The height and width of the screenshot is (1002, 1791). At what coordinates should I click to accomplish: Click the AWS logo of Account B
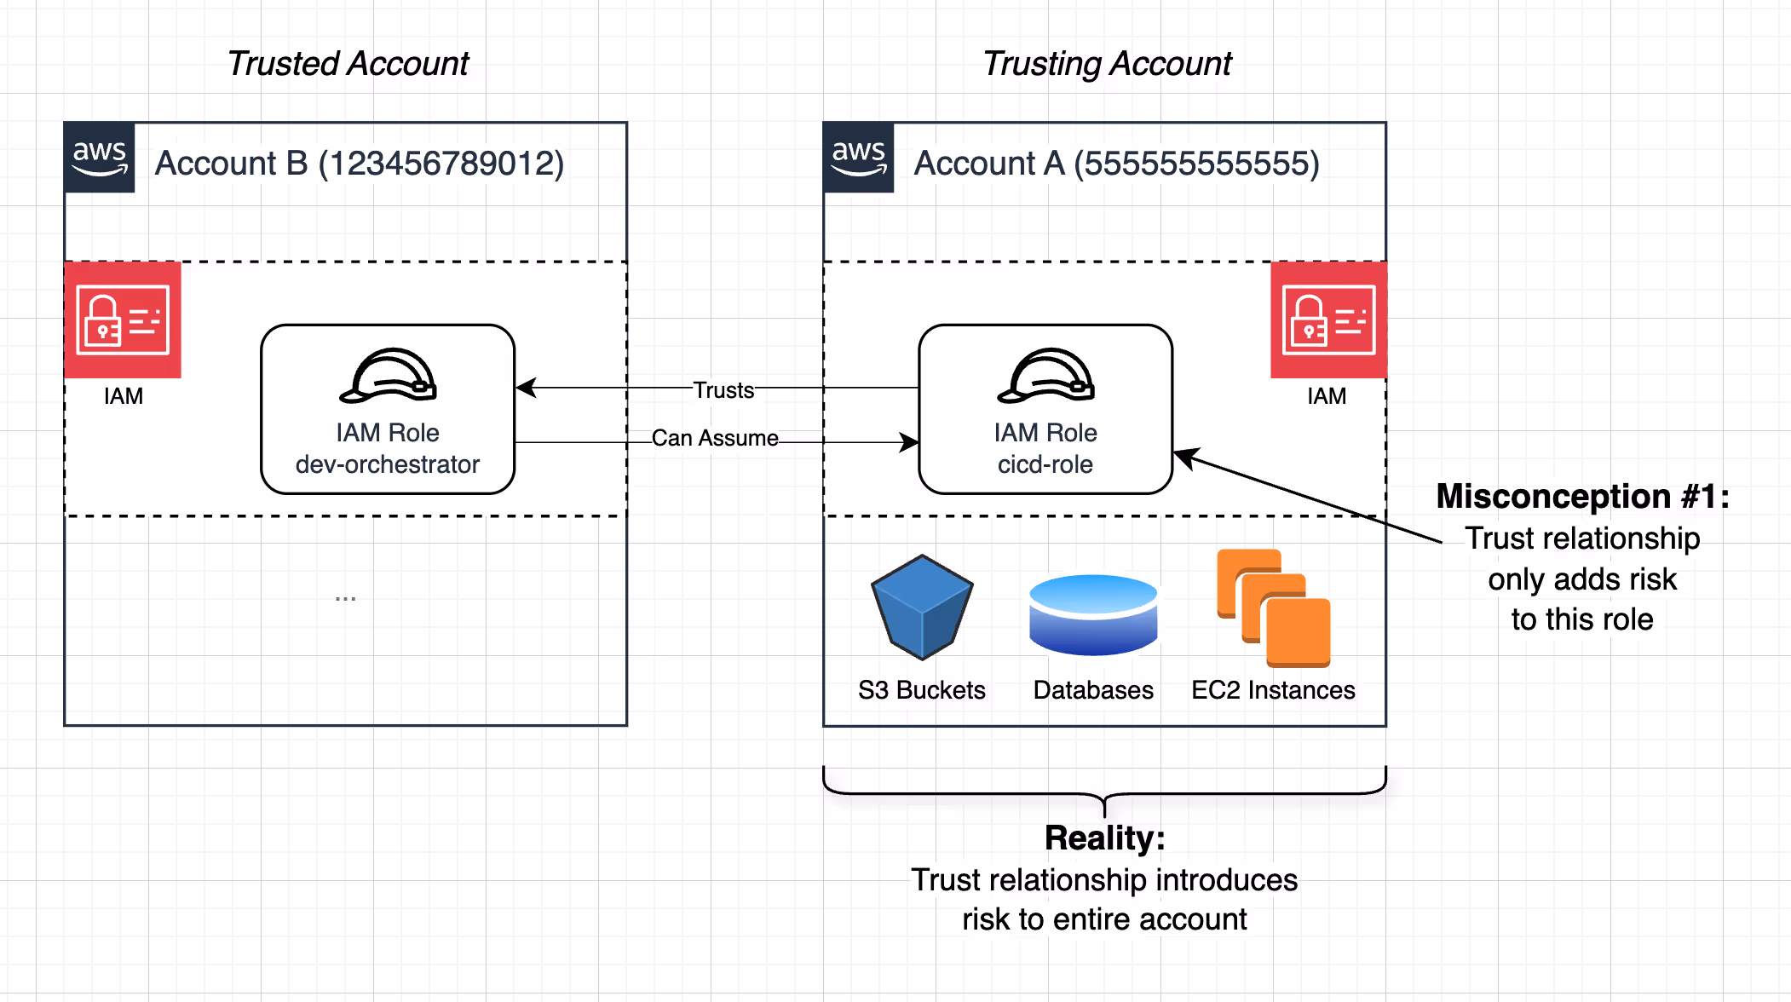coord(100,158)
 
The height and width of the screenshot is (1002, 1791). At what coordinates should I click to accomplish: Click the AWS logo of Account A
coord(859,158)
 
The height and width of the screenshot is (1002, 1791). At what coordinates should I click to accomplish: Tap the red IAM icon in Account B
coord(123,320)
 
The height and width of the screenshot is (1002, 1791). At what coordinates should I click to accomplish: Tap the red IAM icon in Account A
coord(1328,320)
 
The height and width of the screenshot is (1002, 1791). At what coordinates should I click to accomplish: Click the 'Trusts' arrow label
coord(723,390)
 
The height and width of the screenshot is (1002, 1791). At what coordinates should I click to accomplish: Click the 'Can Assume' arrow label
coord(715,438)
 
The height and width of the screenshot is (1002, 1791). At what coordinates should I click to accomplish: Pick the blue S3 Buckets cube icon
coord(922,607)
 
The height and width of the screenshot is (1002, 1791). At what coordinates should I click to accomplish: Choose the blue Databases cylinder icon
coord(1093,614)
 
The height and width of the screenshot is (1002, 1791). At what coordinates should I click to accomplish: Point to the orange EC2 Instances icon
coord(1274,608)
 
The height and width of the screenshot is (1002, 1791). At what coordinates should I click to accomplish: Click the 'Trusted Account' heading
coord(348,64)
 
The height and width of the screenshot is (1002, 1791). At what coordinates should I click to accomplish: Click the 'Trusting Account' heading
coord(1107,64)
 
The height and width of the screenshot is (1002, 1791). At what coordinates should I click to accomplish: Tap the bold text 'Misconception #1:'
coord(1582,496)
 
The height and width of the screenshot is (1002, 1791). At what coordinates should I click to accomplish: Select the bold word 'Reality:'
coord(1104,838)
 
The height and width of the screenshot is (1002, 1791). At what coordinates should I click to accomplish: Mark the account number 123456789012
coord(441,164)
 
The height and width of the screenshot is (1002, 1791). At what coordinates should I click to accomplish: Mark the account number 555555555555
coord(1196,164)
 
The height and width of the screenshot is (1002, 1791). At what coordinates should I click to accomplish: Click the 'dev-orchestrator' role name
coord(388,464)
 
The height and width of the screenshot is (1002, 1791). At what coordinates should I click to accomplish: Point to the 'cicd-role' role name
coord(1045,464)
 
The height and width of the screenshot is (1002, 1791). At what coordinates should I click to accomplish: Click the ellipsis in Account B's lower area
coord(345,598)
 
